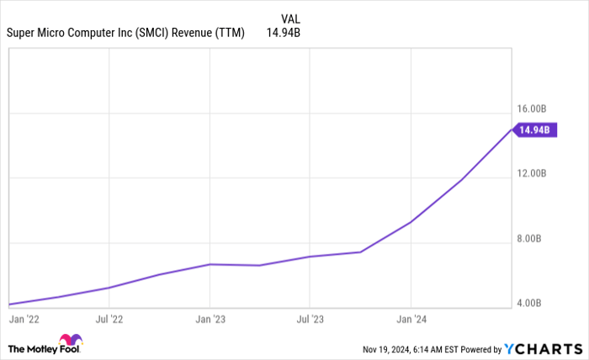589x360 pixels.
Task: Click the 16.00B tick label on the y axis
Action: point(535,109)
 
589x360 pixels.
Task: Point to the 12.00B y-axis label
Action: point(535,173)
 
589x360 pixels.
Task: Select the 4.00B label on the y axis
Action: point(538,303)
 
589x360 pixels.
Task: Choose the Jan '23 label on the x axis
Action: point(210,320)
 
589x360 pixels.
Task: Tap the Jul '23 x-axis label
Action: point(310,320)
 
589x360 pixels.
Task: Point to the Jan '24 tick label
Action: point(411,320)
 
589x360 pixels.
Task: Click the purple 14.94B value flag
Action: point(534,130)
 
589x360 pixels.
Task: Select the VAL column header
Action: point(290,18)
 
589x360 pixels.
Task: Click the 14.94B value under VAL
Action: point(283,34)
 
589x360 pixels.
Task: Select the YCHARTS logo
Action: point(542,348)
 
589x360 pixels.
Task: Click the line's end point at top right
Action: point(512,130)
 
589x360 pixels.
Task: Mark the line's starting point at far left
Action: point(8,304)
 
